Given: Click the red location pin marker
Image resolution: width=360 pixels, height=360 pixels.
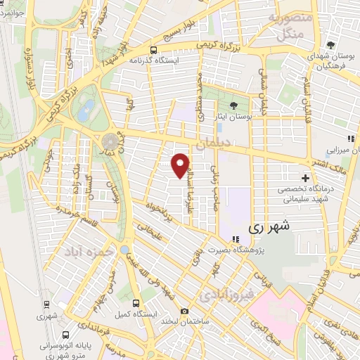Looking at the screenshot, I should tap(181, 165).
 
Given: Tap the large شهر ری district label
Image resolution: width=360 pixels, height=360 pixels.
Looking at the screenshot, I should tap(269, 227).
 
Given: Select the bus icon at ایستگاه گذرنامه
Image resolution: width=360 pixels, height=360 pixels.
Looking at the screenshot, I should tap(153, 50).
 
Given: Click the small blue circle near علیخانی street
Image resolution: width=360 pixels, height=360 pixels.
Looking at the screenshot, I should tap(124, 250).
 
